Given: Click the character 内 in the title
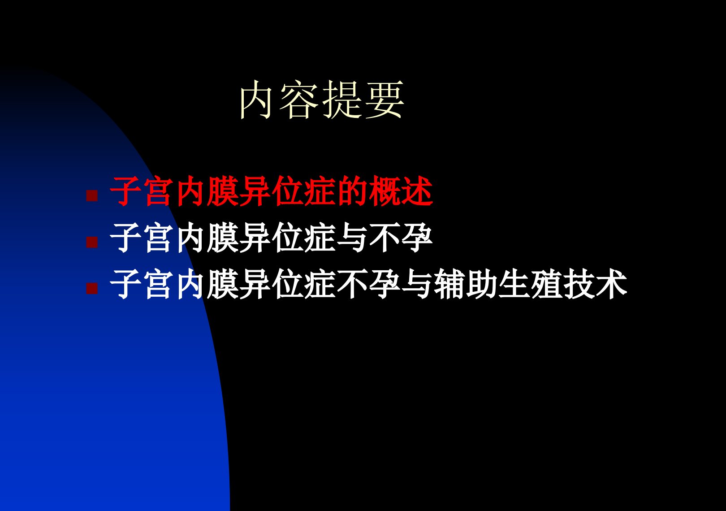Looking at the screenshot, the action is tap(255, 100).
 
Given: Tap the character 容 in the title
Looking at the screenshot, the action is tap(298, 100).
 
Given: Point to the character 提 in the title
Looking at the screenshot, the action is tap(341, 100).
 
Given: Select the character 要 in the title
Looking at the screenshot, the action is tap(385, 100).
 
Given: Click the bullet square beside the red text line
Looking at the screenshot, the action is tap(92, 195).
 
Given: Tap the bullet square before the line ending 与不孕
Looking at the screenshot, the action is tap(92, 242).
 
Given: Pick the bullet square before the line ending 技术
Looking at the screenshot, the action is tap(92, 289).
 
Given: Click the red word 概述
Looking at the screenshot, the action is tap(401, 191).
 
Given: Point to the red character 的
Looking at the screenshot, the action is tap(352, 191).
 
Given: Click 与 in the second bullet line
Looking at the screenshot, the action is tap(352, 238).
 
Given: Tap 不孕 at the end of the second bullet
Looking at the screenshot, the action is tap(401, 238).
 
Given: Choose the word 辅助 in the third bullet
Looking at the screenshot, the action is tap(466, 284).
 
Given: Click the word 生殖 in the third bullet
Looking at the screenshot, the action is tap(531, 284).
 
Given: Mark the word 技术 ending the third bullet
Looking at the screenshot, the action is tap(596, 284).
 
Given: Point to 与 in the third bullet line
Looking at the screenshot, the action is tap(417, 284).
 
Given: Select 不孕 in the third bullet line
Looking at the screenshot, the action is tap(368, 284).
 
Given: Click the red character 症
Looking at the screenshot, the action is tap(320, 191).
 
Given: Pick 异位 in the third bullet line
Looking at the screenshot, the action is tap(272, 284).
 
